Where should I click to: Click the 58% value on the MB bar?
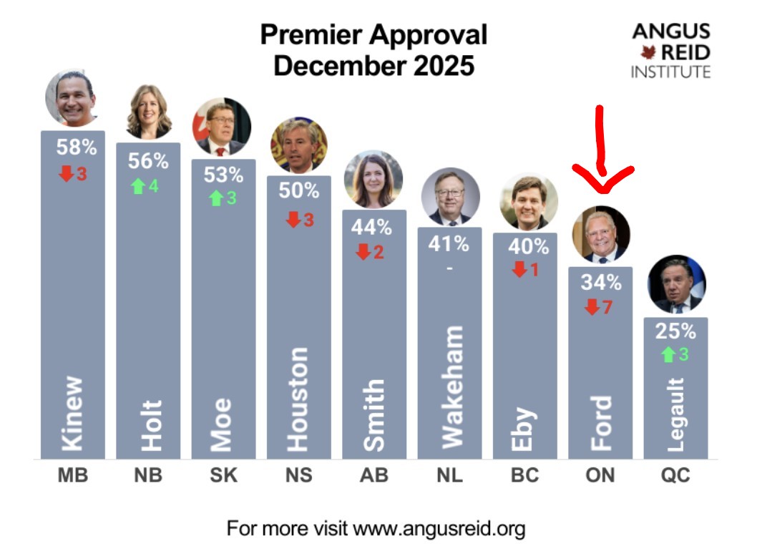pos(76,148)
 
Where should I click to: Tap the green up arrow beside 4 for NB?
pos(138,186)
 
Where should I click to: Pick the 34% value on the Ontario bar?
pos(600,283)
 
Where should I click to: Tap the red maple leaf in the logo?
pos(649,52)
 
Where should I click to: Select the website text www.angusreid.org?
pos(439,530)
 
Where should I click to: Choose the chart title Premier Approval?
pos(373,34)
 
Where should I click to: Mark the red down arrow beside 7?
pos(591,308)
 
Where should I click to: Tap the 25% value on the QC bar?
pos(675,331)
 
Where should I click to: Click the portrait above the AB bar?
pos(373,180)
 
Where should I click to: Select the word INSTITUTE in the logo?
pos(670,72)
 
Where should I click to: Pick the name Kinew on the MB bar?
pos(73,414)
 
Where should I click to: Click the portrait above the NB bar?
pos(149,112)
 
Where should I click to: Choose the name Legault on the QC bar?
pos(676,415)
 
